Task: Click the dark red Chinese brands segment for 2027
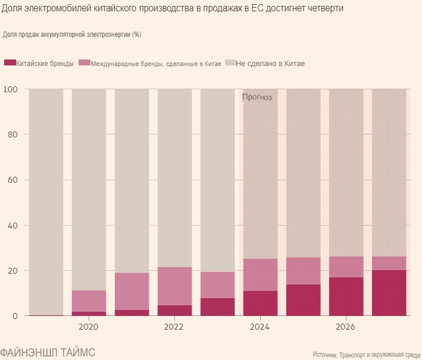[x=389, y=293]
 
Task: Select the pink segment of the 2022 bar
[x=174, y=286]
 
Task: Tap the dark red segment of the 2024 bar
[x=260, y=303]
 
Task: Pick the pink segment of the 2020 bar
[x=89, y=301]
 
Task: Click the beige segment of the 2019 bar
[x=46, y=202]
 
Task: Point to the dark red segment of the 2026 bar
[x=346, y=296]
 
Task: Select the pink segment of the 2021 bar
[x=132, y=292]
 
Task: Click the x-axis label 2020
[x=89, y=327]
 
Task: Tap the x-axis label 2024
[x=260, y=327]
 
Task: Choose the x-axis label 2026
[x=346, y=327]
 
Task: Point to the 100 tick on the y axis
[x=11, y=89]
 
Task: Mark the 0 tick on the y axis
[x=16, y=316]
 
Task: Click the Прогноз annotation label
[x=257, y=98]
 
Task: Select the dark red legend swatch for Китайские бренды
[x=10, y=63]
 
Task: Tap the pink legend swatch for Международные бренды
[x=85, y=63]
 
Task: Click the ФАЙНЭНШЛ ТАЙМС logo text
[x=48, y=351]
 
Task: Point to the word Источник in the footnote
[x=325, y=354]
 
